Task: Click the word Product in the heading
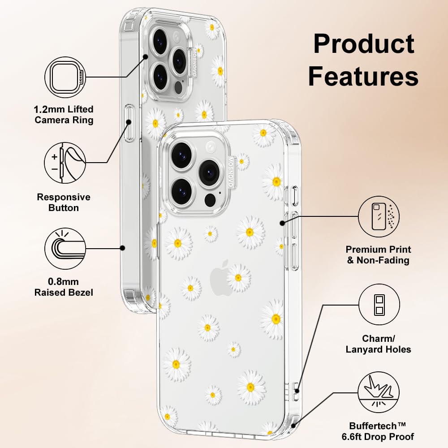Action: pos(364,44)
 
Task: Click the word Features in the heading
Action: pos(363,76)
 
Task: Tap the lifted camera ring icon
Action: pos(65,77)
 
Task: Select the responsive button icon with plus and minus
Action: pos(65,163)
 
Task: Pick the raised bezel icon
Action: pos(65,248)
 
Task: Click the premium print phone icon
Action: pos(379,216)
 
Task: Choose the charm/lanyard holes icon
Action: pos(379,305)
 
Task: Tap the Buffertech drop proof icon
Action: pos(379,392)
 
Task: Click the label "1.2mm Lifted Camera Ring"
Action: pos(64,115)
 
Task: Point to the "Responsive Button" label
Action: pos(64,202)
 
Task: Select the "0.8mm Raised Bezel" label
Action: pos(64,287)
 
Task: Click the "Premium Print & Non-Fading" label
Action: pos(378,255)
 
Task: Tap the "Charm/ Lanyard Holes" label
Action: pos(378,344)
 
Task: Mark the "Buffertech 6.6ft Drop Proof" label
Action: pos(378,431)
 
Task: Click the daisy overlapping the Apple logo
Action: pos(238,278)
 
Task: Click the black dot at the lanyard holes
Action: pos(297,391)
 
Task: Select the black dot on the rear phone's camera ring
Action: pos(146,57)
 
